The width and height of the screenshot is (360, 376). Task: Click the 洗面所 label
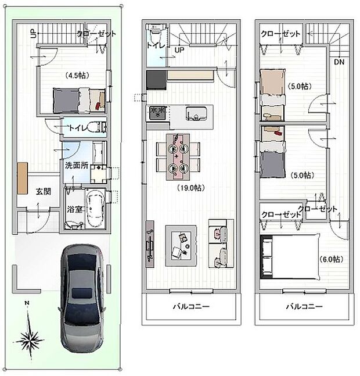pyautogui.click(x=76, y=165)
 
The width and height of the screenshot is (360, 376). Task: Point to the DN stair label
pyautogui.click(x=339, y=62)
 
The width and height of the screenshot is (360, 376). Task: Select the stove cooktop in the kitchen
pyautogui.click(x=156, y=112)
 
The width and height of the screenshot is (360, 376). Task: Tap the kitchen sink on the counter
pyautogui.click(x=199, y=113)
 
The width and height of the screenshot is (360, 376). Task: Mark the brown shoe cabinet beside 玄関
pyautogui.click(x=22, y=178)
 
